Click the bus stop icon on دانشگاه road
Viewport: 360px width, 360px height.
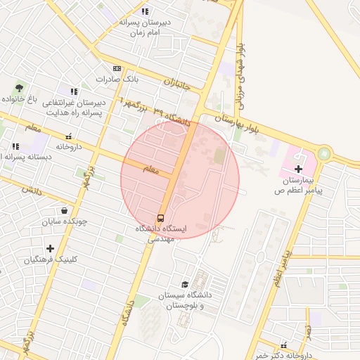click(x=161, y=217)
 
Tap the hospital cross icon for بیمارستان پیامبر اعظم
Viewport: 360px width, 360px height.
click(x=299, y=169)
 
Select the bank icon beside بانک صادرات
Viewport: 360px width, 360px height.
click(x=117, y=69)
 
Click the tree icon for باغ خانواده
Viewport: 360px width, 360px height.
click(x=19, y=88)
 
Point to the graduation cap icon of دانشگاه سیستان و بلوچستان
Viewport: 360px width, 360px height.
click(x=185, y=285)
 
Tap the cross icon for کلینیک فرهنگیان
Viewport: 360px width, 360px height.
click(x=50, y=248)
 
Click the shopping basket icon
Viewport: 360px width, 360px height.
click(x=65, y=210)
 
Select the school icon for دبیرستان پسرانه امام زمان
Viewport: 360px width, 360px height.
click(x=145, y=11)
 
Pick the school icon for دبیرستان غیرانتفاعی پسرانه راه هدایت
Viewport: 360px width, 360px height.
click(x=73, y=91)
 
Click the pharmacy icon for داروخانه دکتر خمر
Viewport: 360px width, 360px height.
click(x=283, y=345)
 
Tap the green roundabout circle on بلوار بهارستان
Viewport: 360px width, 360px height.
click(x=324, y=153)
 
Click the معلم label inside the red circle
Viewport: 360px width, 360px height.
click(x=151, y=170)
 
